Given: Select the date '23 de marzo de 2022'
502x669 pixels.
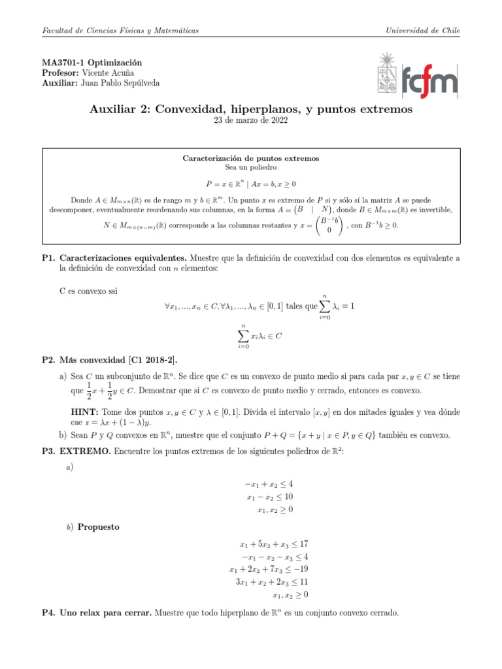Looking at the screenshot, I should (x=250, y=120).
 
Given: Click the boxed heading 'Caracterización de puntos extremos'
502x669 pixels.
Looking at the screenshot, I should (x=250, y=158).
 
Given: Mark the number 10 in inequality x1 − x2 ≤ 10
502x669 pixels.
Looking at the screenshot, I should (x=287, y=497).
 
